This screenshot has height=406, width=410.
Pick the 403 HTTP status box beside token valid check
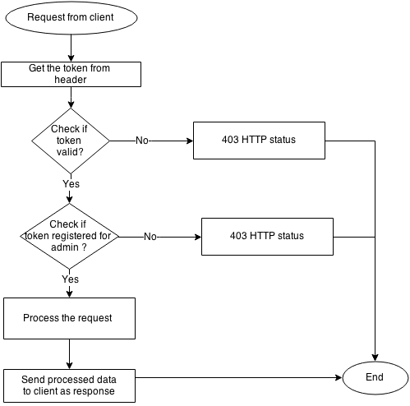coord(258,141)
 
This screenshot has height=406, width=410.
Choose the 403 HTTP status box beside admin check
coord(266,237)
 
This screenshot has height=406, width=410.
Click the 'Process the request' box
coord(69,318)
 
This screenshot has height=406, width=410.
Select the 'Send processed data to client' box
coord(69,385)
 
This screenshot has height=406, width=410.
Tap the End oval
coord(375,379)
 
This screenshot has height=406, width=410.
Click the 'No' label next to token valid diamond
coord(142,141)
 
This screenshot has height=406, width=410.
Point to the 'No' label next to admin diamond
coord(150,237)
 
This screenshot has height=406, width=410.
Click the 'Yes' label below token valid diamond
coord(71,183)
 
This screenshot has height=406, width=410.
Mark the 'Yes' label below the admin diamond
coord(71,279)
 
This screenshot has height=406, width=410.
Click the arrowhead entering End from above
coord(375,358)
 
